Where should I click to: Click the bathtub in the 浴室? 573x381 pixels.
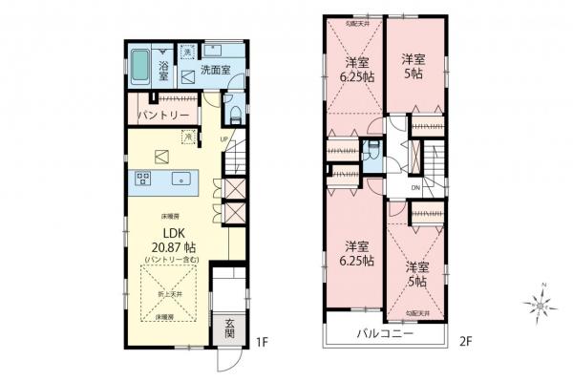pyautogui.click(x=140, y=66)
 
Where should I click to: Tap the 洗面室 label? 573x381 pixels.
pyautogui.click(x=216, y=70)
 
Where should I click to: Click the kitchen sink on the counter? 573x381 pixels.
pyautogui.click(x=179, y=179)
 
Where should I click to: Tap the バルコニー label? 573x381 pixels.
pyautogui.click(x=386, y=335)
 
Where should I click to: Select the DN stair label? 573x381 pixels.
pyautogui.click(x=415, y=188)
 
